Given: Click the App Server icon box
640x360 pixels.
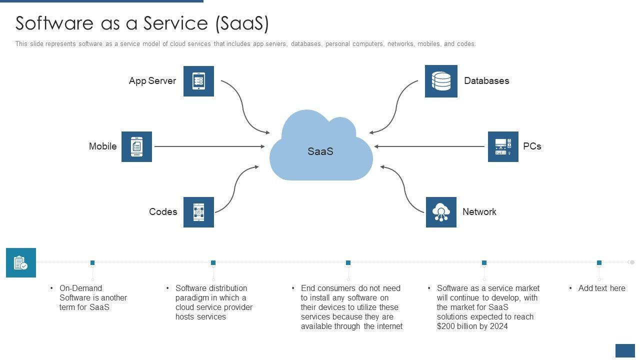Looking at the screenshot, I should point(198,81).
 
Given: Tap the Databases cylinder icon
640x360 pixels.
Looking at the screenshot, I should point(441,81).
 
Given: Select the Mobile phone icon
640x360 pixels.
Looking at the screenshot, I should point(136,146).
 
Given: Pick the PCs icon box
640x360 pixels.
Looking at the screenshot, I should point(503,146).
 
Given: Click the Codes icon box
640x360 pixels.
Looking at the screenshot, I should point(198,212).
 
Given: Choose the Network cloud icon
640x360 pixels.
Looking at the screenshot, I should point(441,212).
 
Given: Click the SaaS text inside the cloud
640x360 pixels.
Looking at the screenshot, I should point(320,151).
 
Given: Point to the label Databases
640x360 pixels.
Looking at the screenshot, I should point(486,81).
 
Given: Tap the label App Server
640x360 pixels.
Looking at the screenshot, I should point(152,81).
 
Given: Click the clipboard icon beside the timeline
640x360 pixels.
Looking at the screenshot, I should point(21,262).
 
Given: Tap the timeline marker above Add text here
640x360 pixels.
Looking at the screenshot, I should point(599,262).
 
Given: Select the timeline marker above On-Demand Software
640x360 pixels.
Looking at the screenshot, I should point(92,262).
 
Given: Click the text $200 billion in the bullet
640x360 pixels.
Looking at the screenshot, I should point(456,326).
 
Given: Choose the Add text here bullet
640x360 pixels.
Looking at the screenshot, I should point(601,288).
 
